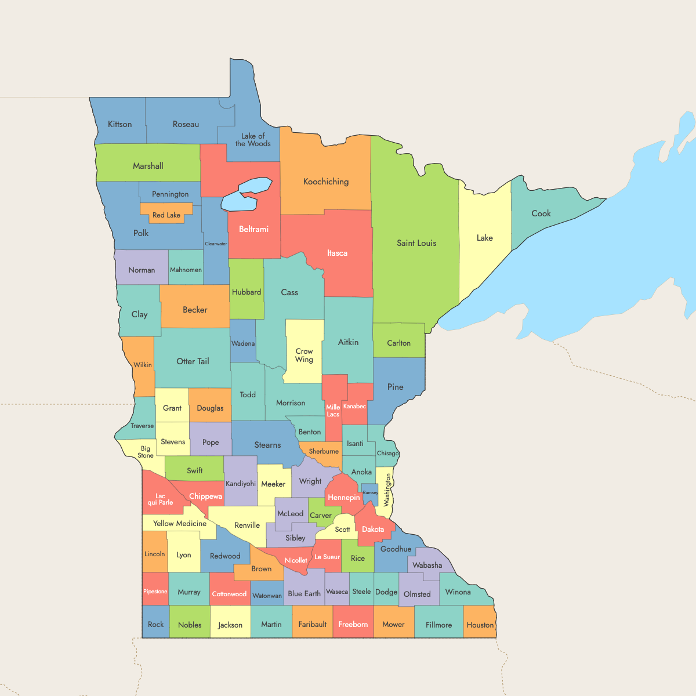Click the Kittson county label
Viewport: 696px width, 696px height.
[x=120, y=124]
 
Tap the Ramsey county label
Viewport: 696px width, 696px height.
[x=370, y=492]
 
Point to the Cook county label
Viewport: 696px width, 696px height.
[x=541, y=213]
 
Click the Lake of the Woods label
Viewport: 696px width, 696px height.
[x=253, y=140]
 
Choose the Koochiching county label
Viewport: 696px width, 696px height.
[x=326, y=182]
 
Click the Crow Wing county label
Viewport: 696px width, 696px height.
[x=304, y=355]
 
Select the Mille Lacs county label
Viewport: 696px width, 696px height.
[x=333, y=411]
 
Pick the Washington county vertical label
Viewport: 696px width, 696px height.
[x=388, y=490]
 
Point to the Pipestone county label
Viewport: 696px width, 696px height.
[x=155, y=592]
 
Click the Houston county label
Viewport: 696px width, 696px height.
[x=480, y=625]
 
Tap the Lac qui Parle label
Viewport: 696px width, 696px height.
[x=160, y=499]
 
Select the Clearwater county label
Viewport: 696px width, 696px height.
[x=216, y=244]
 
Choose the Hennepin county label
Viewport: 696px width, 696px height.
[x=344, y=497]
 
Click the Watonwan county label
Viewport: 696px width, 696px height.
[x=267, y=596]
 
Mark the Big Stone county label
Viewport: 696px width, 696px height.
[x=146, y=452]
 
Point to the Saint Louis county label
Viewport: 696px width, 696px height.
[x=416, y=243]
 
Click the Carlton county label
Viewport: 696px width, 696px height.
[x=399, y=343]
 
